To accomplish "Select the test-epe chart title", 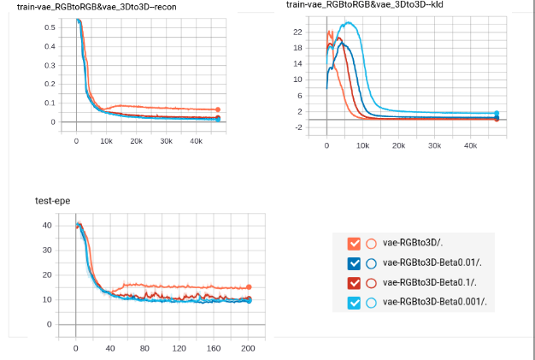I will coord(52,203).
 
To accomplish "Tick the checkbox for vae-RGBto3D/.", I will coord(355,243).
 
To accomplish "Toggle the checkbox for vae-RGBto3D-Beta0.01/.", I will coord(355,263).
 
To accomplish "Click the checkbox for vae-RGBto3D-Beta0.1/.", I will coord(355,282).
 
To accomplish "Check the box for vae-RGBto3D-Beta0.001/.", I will coord(355,302).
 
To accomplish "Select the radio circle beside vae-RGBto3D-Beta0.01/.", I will coord(371,263).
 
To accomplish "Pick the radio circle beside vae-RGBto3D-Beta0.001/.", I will coord(371,302).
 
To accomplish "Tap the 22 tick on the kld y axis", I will coord(297,32).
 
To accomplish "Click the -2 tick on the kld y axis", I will coord(297,127).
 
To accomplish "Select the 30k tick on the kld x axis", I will coord(434,146).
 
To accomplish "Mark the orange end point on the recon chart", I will coord(218,109).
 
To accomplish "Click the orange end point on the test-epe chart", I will coord(249,287).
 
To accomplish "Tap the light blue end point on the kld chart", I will coord(497,113).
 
